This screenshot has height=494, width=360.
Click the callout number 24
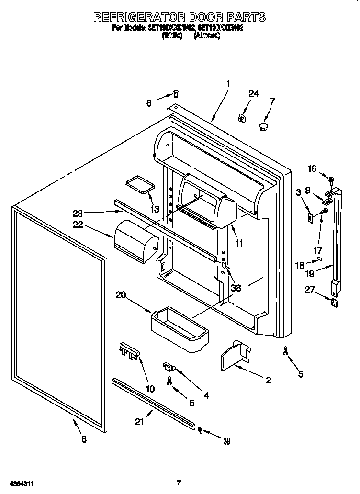(253, 94)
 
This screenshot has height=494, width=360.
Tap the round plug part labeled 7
(263, 126)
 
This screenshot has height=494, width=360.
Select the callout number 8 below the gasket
(84, 440)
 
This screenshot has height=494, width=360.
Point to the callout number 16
(312, 168)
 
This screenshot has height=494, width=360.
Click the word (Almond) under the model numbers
(207, 35)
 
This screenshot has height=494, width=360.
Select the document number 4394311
(20, 484)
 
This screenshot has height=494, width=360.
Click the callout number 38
(236, 288)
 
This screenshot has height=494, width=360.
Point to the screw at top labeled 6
(175, 95)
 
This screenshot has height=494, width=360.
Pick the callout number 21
(139, 422)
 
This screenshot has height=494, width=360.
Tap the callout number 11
(239, 243)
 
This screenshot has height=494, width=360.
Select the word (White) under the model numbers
(172, 35)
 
